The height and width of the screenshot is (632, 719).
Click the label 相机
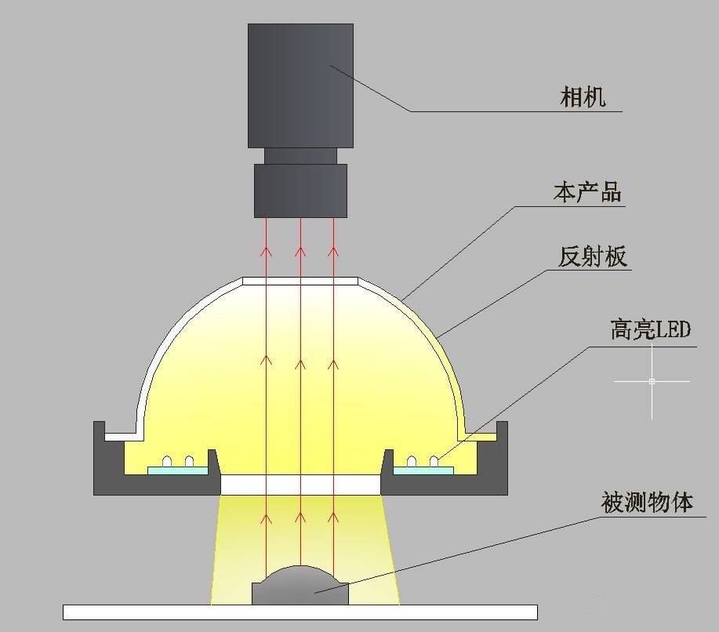click(583, 97)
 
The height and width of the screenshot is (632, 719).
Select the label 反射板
click(592, 256)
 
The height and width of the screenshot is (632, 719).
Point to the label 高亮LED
click(650, 329)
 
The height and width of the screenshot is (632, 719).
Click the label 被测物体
click(647, 503)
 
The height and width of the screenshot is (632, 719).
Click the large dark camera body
click(301, 85)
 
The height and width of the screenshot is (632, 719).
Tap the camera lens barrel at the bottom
click(301, 191)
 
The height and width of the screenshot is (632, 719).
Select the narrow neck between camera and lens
click(301, 156)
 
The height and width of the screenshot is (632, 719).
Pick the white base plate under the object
click(300, 612)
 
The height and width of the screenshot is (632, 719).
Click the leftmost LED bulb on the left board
click(167, 462)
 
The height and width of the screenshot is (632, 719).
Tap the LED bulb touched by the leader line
click(434, 461)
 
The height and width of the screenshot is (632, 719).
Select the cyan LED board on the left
click(178, 470)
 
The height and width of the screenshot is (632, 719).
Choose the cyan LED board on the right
click(423, 470)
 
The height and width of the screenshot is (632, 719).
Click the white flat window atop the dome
click(300, 281)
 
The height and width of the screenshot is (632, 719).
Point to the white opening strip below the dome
click(301, 485)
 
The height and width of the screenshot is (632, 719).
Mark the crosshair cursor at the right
click(652, 381)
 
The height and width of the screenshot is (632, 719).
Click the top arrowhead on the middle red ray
click(300, 252)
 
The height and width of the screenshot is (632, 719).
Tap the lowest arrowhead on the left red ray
click(267, 518)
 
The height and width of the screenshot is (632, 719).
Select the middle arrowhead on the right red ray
click(333, 365)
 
